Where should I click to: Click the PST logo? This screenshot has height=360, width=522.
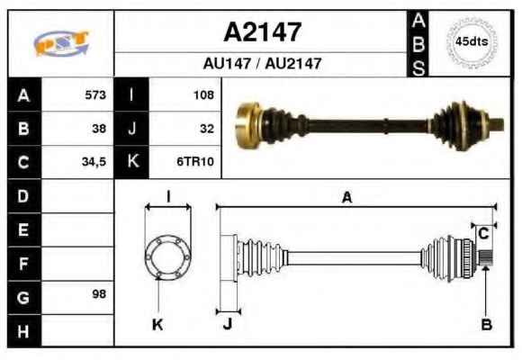(x=61, y=43)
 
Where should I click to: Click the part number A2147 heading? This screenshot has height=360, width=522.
(x=262, y=32)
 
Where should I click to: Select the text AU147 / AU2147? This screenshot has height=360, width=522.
(x=262, y=63)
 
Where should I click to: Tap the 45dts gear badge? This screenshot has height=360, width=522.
(x=472, y=42)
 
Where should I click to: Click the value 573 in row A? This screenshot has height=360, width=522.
(x=95, y=94)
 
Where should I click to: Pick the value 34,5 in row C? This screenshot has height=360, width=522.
(x=94, y=162)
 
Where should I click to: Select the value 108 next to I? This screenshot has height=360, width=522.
(x=203, y=95)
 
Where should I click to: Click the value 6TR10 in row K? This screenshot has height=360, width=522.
(x=195, y=161)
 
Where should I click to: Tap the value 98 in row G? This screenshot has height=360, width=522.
(x=99, y=294)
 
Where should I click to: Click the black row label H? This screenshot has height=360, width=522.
(x=24, y=331)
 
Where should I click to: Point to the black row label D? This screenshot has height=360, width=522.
(x=24, y=196)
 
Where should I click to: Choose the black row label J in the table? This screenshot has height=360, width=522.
(x=131, y=129)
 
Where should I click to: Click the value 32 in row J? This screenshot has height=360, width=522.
(x=207, y=129)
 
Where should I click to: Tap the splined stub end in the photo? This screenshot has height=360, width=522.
(x=498, y=124)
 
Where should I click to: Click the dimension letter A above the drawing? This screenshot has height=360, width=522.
(x=346, y=197)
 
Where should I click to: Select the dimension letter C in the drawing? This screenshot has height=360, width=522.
(x=483, y=234)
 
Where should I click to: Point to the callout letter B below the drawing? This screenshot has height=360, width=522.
(x=487, y=324)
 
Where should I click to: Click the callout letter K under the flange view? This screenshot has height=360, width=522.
(x=157, y=324)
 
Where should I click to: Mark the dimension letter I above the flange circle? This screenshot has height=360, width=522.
(x=168, y=196)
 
